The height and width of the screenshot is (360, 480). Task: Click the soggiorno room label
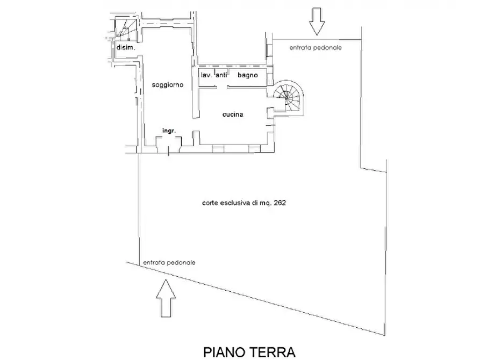[168, 85]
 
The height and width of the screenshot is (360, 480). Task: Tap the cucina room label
[233, 114]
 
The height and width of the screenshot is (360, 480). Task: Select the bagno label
[248, 75]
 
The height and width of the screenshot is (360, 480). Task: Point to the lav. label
[206, 75]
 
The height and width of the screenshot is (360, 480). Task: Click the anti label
[221, 75]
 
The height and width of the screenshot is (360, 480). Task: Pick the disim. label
[126, 47]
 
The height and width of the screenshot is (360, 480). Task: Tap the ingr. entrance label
[169, 131]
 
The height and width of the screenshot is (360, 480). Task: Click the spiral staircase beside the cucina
[288, 98]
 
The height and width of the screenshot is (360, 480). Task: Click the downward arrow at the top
[317, 21]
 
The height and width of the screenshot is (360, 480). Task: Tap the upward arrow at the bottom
[166, 298]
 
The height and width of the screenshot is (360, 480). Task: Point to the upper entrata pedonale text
[316, 48]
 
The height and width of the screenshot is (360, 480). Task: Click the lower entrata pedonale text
[169, 263]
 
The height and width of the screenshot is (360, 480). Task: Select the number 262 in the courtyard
[280, 203]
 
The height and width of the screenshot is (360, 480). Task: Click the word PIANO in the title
[224, 352]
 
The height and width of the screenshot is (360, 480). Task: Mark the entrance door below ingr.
[169, 145]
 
